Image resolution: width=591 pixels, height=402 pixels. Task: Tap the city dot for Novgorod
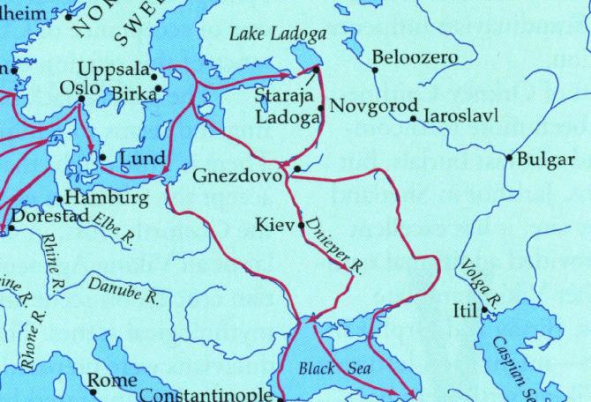tap(320, 108)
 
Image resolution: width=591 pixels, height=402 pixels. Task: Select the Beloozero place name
tap(415, 57)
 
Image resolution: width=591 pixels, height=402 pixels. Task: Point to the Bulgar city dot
tap(509, 158)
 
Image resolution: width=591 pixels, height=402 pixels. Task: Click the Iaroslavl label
tap(461, 116)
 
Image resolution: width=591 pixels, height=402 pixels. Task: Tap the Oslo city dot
tap(81, 99)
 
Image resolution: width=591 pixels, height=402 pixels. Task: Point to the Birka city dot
tap(158, 88)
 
